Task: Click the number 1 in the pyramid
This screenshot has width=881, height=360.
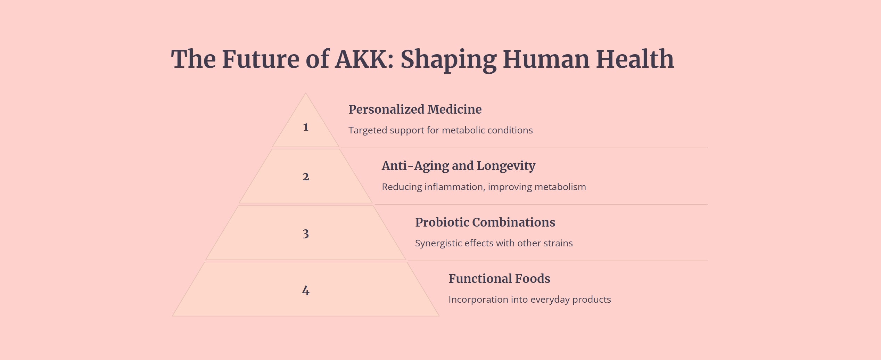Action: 306,127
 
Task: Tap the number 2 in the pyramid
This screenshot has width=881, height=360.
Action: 306,177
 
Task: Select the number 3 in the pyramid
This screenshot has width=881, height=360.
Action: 306,234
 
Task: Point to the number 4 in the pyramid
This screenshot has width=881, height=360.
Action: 306,291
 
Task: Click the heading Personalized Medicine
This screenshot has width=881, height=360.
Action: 415,109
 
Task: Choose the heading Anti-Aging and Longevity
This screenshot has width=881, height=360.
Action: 459,166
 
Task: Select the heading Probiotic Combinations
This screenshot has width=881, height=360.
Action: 485,222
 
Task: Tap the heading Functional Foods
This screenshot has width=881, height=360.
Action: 499,279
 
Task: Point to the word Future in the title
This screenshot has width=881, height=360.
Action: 261,59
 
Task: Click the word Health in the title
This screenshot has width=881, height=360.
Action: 635,59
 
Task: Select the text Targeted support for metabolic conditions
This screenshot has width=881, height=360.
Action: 440,130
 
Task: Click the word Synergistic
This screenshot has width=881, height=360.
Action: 438,243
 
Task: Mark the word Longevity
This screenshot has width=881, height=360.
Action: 506,166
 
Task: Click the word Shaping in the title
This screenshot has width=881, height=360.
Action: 448,60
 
